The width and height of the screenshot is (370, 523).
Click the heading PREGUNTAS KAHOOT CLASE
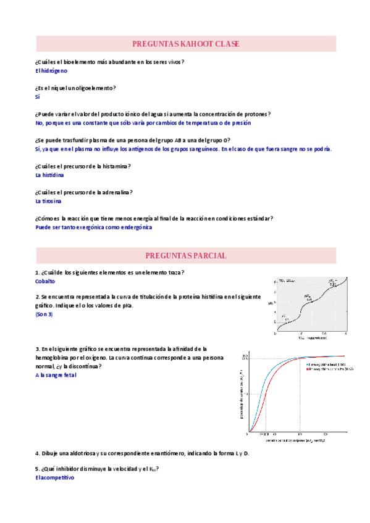click(186, 44)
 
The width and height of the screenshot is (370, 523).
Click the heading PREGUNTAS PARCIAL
click(186, 255)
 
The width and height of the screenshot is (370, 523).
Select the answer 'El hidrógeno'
click(51, 71)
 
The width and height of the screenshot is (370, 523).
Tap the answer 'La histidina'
click(49, 175)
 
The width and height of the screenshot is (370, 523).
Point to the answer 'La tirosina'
click(48, 201)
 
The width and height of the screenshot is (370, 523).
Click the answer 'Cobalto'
click(45, 281)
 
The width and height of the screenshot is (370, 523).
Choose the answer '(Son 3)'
click(44, 315)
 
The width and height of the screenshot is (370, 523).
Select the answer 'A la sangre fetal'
click(56, 375)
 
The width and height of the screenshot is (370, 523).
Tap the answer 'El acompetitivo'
click(54, 477)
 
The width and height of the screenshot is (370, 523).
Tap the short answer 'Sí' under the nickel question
click(38, 97)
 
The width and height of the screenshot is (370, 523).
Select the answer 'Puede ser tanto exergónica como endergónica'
click(94, 227)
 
